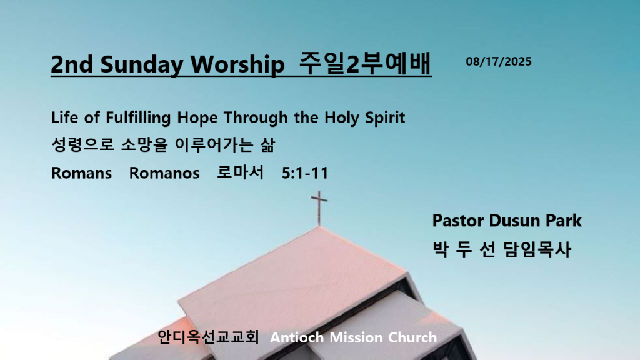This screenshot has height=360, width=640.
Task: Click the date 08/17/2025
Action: click(499, 62)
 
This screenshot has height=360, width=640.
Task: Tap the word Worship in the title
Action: click(237, 64)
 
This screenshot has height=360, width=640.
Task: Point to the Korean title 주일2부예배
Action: click(365, 63)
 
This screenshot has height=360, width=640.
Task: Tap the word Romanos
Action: click(164, 173)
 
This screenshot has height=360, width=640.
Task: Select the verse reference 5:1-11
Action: click(305, 173)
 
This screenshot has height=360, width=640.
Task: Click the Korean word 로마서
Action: click(241, 172)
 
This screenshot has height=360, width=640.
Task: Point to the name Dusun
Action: click(515, 221)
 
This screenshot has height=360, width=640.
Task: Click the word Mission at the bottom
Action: click(356, 337)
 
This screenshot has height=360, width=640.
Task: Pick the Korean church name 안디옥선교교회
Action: click(208, 337)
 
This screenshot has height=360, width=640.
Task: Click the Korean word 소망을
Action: click(144, 145)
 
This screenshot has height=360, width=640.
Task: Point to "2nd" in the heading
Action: click(72, 64)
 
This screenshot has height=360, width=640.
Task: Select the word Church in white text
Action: click(412, 337)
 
